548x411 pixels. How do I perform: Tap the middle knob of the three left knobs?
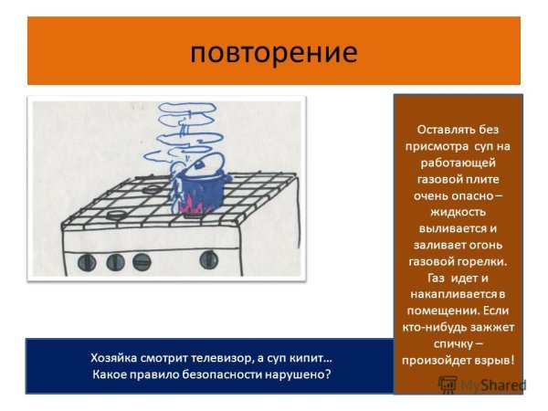[x=116, y=263]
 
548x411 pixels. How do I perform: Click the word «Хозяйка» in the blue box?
[x=116, y=357]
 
